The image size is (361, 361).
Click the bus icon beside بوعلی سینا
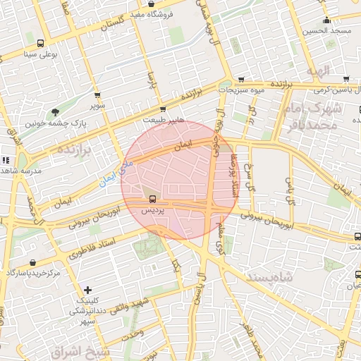tap(40, 43)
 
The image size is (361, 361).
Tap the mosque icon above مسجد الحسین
tap(327, 20)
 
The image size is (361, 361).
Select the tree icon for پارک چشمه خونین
tap(56, 112)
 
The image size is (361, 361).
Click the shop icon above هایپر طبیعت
tap(163, 109)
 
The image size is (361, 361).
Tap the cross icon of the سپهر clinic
tap(87, 290)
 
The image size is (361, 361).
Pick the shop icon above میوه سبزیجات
tap(242, 79)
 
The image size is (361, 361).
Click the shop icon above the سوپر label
tap(97, 95)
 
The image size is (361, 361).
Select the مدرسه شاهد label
tap(21, 171)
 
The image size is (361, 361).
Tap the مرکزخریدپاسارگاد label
tap(34, 272)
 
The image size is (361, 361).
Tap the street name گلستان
tap(117, 25)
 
